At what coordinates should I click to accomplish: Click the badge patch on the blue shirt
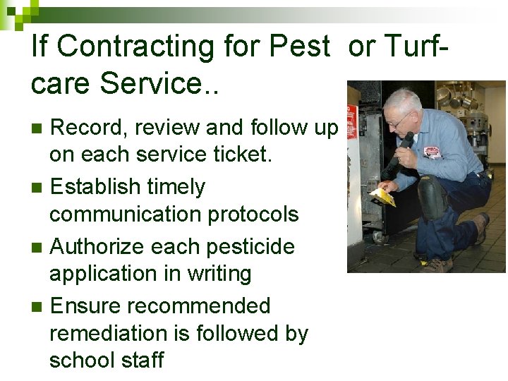tap(433, 151)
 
